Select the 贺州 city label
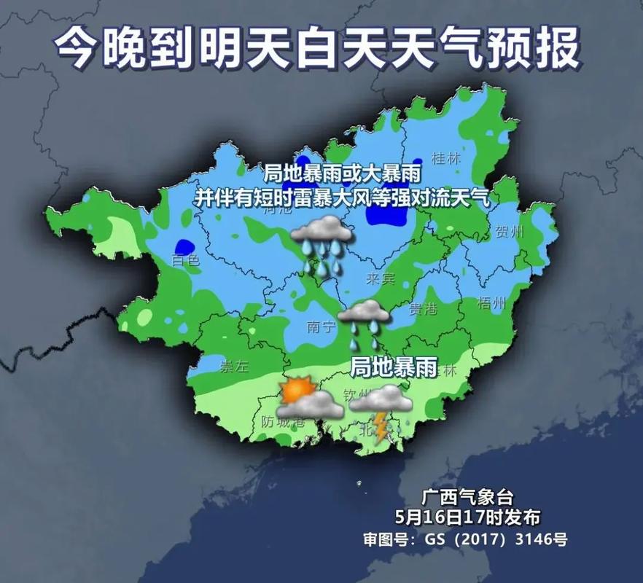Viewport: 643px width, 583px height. click(x=510, y=232)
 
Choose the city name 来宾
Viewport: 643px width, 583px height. click(x=379, y=278)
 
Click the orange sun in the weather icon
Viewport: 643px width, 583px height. click(x=297, y=390)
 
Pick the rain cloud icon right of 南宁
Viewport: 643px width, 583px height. click(x=364, y=321)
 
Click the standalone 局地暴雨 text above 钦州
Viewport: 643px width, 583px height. click(x=394, y=368)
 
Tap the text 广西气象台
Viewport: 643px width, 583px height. click(x=467, y=498)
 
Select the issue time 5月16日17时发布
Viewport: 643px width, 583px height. click(x=467, y=518)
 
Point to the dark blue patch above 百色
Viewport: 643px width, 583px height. click(x=184, y=247)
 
